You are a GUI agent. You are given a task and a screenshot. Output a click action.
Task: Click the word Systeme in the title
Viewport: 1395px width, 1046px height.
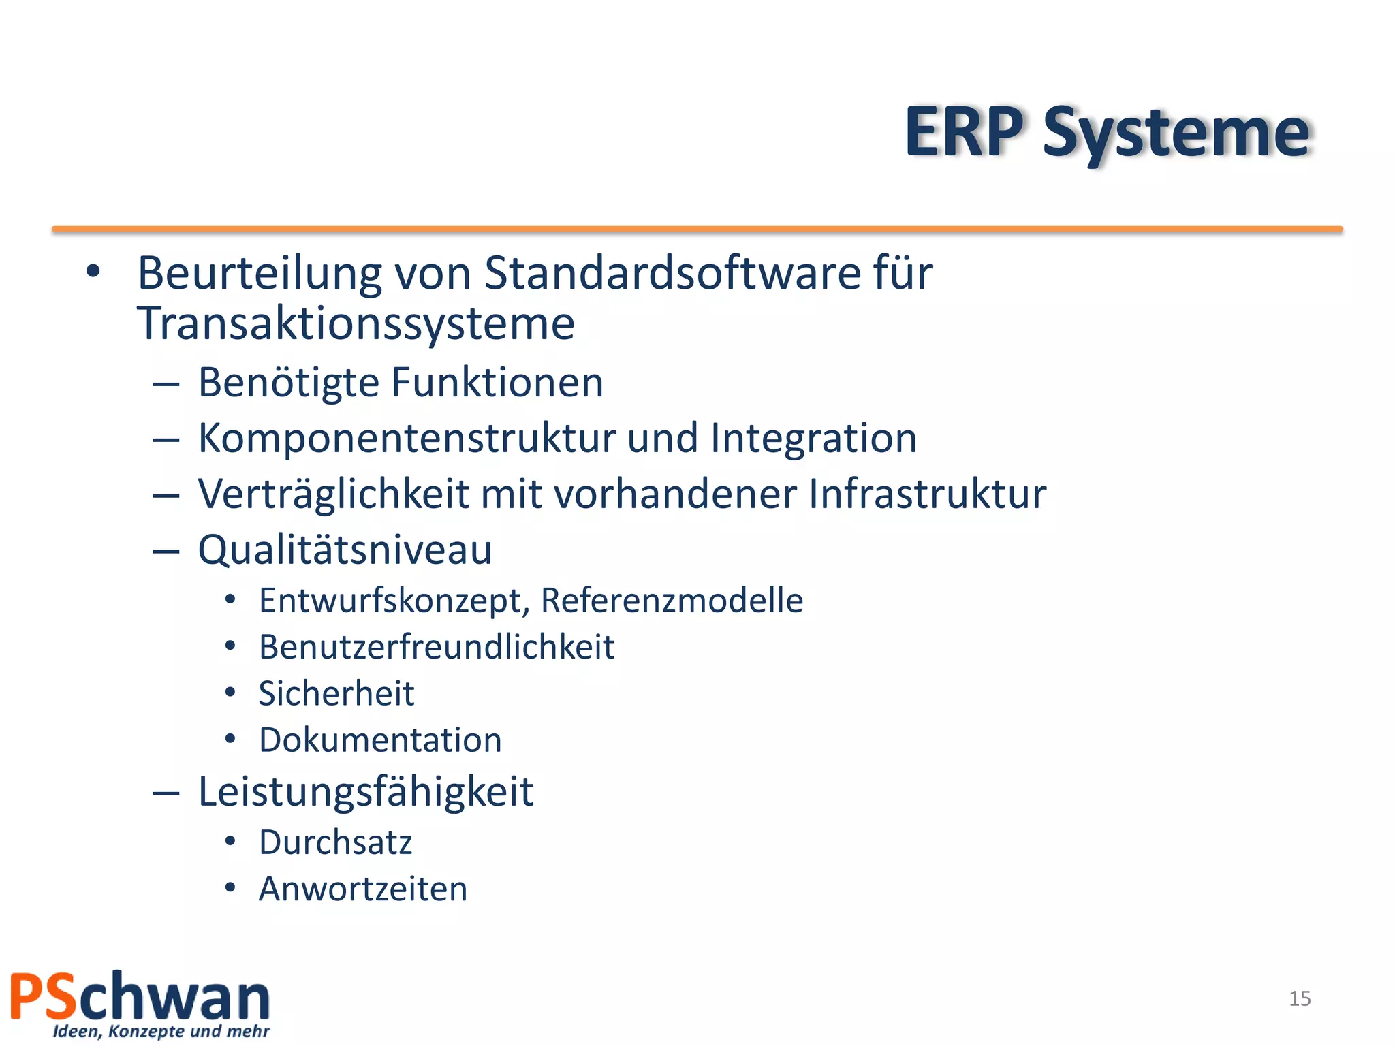click(x=1176, y=134)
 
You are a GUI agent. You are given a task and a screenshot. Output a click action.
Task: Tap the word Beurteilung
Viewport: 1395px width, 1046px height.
click(x=260, y=273)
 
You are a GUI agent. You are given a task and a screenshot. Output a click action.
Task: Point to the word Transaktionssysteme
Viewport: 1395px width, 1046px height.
click(x=356, y=323)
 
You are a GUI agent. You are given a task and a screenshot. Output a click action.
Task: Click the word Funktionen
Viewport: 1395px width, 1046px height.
click(x=497, y=382)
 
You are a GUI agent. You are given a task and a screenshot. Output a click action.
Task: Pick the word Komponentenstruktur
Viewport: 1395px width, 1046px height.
click(x=407, y=438)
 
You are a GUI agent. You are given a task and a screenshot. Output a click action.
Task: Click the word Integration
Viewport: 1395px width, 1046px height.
click(x=813, y=438)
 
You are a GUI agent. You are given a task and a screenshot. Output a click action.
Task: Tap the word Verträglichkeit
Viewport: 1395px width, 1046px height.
click(x=333, y=494)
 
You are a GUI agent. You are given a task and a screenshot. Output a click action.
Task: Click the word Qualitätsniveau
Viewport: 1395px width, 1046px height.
click(x=345, y=550)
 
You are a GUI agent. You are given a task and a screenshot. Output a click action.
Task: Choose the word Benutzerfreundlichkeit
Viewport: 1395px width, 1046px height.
click(x=437, y=647)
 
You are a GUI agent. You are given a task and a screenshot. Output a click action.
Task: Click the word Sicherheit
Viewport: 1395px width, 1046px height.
click(x=336, y=694)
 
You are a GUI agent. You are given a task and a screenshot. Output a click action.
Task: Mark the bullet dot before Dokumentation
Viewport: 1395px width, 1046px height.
click(x=230, y=739)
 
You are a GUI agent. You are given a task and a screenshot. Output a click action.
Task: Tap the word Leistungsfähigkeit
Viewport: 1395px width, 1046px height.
click(x=366, y=792)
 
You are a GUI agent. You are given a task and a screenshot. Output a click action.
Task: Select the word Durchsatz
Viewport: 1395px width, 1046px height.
click(x=335, y=842)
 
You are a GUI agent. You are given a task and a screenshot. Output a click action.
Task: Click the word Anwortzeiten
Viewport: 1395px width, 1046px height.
click(x=363, y=889)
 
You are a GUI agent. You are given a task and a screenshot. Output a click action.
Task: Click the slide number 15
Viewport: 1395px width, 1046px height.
click(x=1300, y=998)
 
